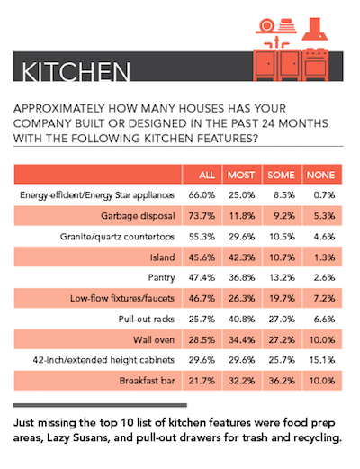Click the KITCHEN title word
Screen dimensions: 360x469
76,71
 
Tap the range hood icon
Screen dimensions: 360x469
315,29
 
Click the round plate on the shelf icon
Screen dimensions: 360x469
266,25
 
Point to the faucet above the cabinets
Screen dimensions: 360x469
277,42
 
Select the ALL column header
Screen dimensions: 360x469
207,175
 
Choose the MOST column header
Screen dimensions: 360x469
241,175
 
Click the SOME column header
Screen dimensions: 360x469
281,175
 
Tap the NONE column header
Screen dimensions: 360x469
320,175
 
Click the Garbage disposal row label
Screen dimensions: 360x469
138,216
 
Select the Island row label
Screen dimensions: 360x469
163,257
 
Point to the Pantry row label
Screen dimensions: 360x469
161,278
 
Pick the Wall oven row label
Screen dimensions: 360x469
154,339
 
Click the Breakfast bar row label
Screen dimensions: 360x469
147,381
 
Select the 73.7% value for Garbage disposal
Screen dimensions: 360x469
202,216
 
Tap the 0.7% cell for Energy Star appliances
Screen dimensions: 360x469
324,195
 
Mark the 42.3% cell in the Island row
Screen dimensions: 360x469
242,257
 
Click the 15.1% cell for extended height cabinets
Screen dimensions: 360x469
322,360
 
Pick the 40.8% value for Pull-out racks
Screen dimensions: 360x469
242,319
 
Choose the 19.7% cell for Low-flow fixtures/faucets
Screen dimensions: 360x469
282,298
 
